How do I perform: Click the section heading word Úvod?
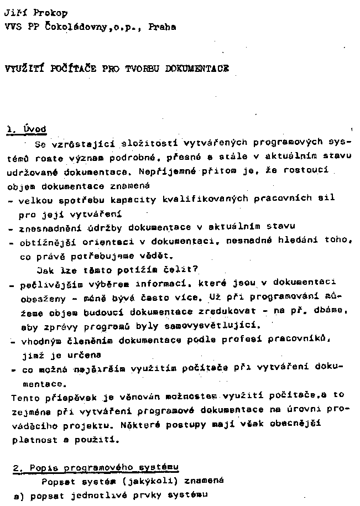[35, 129]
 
